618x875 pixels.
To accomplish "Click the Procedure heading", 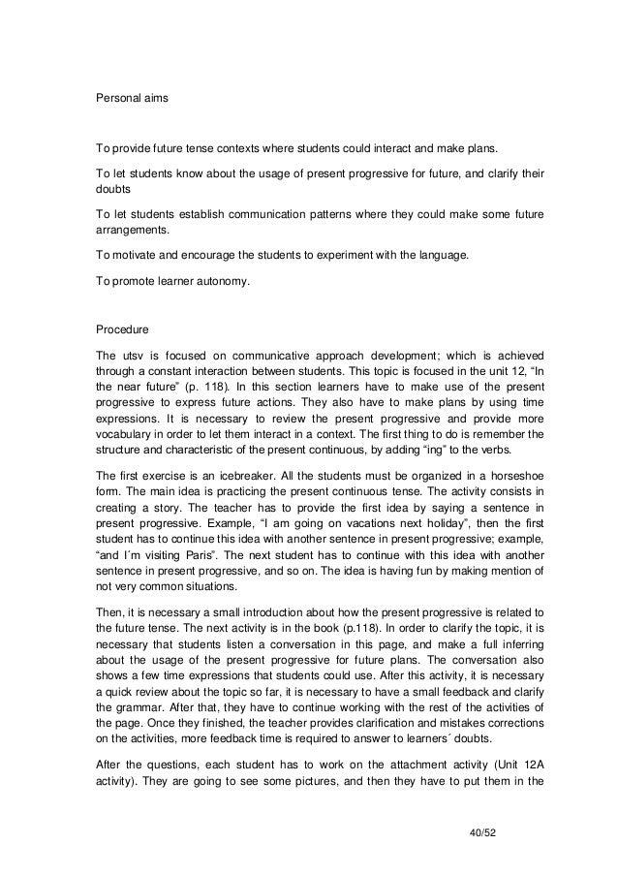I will pos(119,328).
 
